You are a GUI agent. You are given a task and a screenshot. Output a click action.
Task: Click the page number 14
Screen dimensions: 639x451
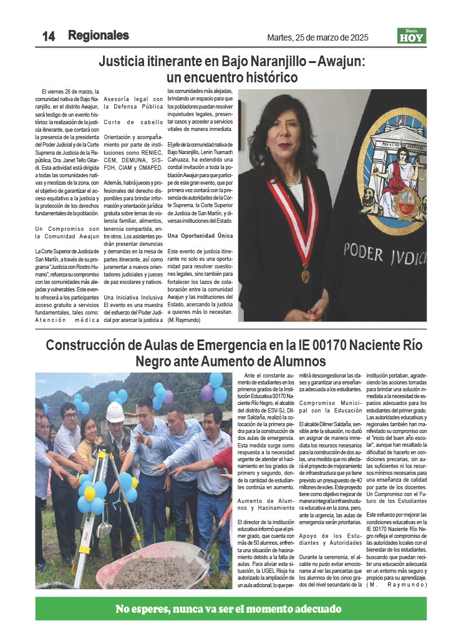coord(49,36)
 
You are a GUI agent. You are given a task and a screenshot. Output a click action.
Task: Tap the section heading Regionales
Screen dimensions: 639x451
coord(99,36)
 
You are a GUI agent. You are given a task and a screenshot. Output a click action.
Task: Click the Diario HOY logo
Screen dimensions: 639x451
coord(412,36)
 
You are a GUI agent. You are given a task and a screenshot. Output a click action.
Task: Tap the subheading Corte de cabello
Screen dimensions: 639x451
coord(133,122)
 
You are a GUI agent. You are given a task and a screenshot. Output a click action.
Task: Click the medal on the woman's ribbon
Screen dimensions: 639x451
coord(305,273)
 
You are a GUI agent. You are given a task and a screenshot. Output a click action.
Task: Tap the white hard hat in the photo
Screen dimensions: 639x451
coord(115,411)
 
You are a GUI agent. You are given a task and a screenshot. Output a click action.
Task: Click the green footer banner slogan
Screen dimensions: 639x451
coord(228,610)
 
